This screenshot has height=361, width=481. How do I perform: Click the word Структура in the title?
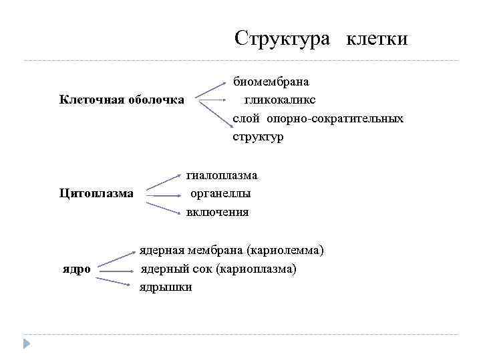[x=282, y=38]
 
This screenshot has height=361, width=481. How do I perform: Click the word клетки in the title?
[x=377, y=39]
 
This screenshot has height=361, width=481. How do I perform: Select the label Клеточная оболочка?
[x=122, y=100]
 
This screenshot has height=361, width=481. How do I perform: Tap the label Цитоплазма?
[x=96, y=194]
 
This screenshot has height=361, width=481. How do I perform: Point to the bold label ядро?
[x=77, y=269]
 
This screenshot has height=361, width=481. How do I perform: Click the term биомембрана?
[x=271, y=82]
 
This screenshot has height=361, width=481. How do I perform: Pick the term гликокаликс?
[x=280, y=100]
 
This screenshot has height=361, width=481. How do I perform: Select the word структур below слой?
[x=258, y=137]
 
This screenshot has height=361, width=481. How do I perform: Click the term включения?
[x=217, y=213]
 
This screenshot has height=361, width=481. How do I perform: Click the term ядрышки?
[x=166, y=287]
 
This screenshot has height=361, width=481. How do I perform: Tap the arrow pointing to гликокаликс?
[x=212, y=101]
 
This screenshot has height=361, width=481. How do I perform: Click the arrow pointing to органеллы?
[x=164, y=195]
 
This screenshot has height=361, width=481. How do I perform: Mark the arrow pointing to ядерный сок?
[x=114, y=269]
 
